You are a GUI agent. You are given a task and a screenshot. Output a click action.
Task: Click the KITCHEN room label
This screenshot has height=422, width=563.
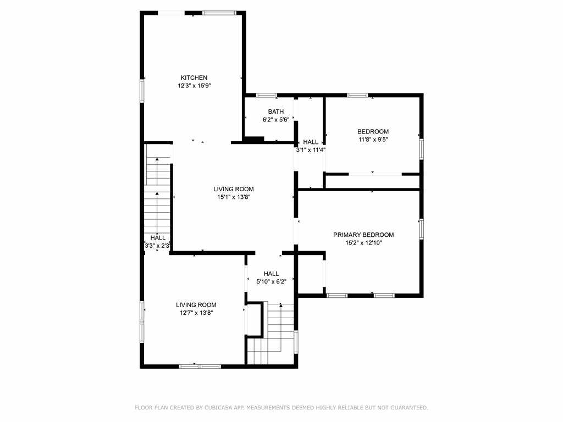[x=194, y=77]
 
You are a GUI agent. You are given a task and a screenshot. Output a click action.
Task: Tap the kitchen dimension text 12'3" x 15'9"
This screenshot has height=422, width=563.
[x=194, y=86]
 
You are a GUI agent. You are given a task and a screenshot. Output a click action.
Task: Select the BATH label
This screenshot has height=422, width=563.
[x=276, y=112]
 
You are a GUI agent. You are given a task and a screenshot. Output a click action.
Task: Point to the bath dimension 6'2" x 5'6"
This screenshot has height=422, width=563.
[x=276, y=120]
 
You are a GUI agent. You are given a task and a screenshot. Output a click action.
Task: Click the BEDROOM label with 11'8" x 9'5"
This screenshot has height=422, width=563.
[x=373, y=131]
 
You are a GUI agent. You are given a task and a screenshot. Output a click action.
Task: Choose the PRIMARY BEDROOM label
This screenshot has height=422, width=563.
[x=363, y=235]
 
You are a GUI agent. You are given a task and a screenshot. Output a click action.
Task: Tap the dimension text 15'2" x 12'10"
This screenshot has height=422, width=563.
[x=363, y=243]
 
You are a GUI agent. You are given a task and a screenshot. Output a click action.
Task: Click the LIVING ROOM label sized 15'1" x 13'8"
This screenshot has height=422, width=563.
[x=233, y=189]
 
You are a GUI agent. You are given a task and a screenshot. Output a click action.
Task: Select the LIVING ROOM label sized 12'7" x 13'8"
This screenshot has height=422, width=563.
[x=196, y=304]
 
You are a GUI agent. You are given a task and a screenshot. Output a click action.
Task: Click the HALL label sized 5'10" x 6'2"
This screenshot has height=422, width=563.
[x=271, y=274]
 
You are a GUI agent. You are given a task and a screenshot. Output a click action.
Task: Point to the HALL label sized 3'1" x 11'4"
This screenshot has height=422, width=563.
[x=311, y=142]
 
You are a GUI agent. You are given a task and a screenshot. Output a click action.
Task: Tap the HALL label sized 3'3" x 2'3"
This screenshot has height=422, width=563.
[x=158, y=238]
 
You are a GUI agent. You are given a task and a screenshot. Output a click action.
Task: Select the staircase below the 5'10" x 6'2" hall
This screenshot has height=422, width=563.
[x=271, y=333]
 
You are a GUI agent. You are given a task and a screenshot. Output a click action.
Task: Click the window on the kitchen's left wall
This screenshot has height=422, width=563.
[x=142, y=91]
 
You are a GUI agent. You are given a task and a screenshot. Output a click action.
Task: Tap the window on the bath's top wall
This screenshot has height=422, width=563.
[x=267, y=95]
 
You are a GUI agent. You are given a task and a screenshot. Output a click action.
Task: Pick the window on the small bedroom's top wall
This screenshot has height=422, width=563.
[x=357, y=95]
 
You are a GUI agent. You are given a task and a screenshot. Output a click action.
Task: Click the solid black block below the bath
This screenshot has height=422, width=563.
[x=254, y=140]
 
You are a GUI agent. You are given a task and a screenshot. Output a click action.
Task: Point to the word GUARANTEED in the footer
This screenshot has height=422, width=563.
[x=409, y=408]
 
